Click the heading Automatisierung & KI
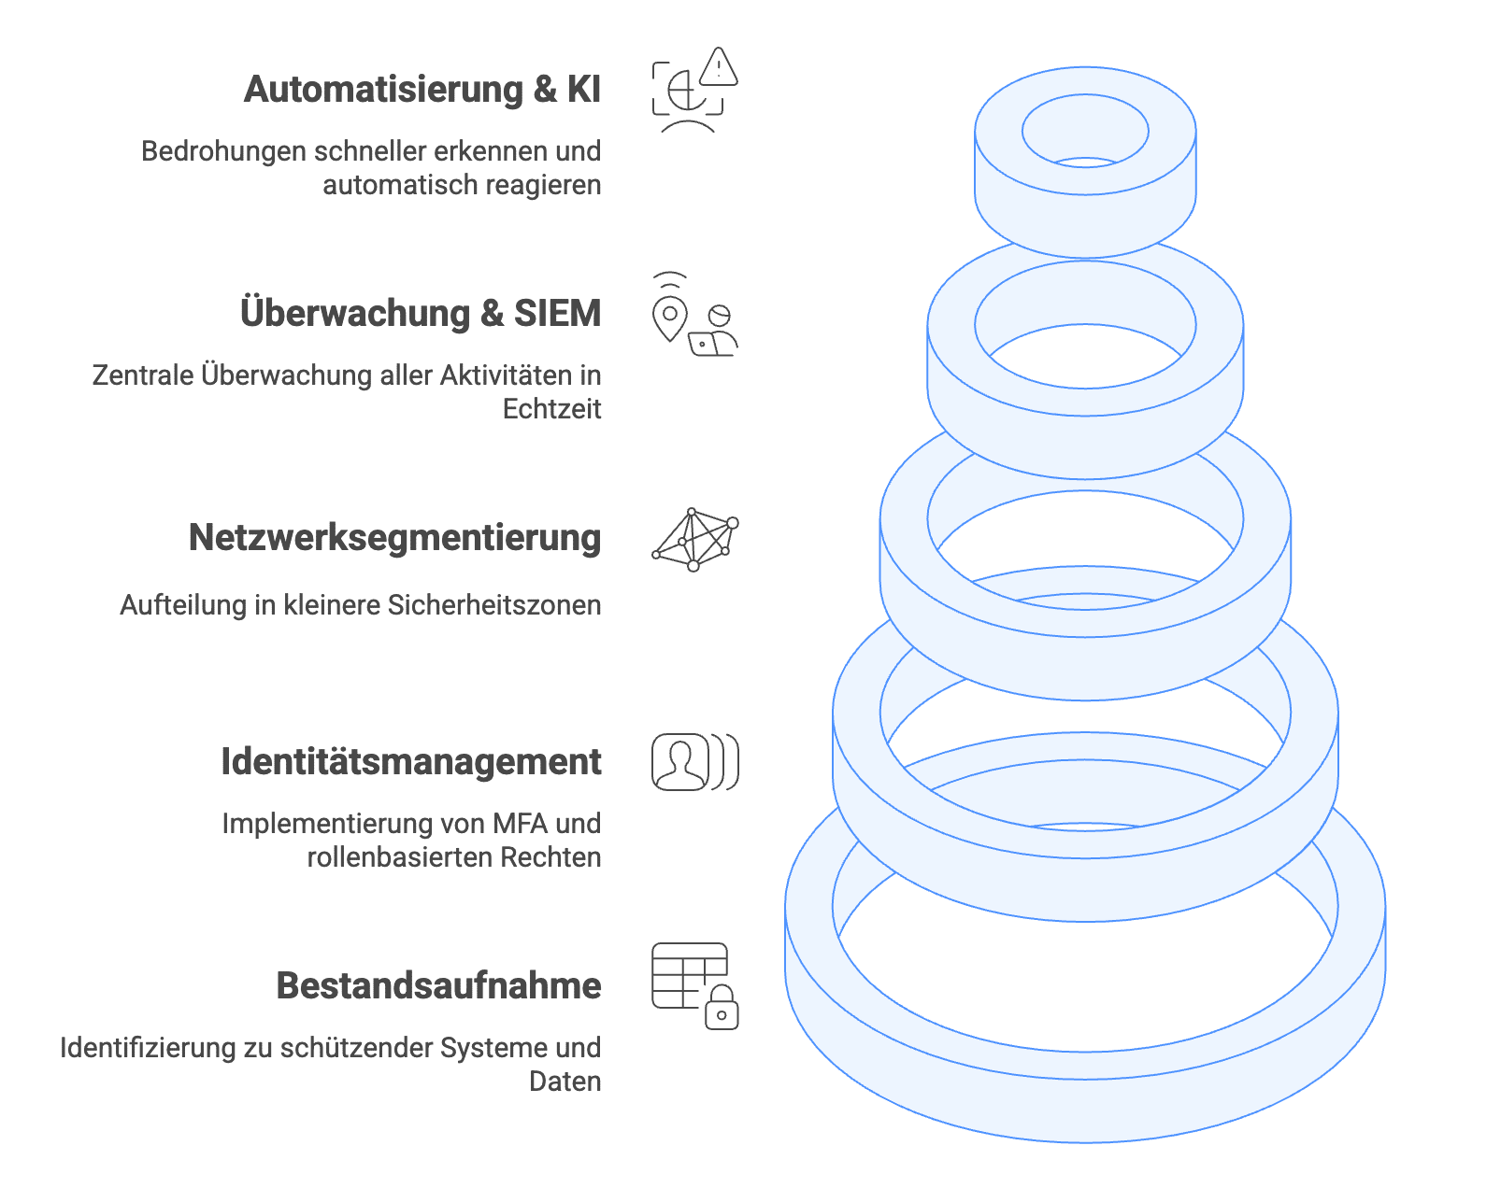coord(422,90)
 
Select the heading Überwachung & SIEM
coord(421,312)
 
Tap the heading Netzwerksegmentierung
coord(394,538)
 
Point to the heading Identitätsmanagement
coord(411,760)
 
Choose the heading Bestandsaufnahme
coord(438,985)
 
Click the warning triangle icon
coord(719,67)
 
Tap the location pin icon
coord(669,318)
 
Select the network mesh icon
coord(694,540)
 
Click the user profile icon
coord(680,761)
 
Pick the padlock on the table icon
coord(722,1008)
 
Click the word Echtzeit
coord(551,409)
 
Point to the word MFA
coord(521,824)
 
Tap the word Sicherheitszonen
coord(493,605)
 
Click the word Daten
coord(565,1082)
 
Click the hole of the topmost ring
coord(1084,130)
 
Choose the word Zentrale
coord(143,375)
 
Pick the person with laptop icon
coord(713,332)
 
